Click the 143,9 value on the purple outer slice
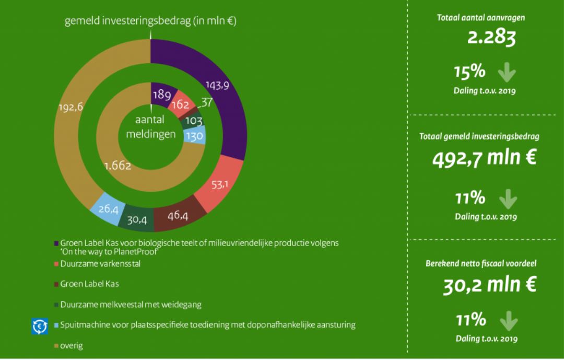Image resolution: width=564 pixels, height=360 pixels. (218, 86)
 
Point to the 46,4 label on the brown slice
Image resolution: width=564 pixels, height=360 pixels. (178, 215)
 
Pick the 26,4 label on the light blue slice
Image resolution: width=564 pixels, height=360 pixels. (108, 208)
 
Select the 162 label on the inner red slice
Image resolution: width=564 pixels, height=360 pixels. (180, 104)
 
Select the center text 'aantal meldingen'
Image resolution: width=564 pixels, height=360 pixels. (151, 127)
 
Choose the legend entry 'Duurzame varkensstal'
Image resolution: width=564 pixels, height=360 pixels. (100, 264)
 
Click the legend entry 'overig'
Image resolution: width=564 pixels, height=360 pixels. (71, 345)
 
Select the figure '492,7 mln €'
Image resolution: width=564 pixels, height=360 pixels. (484, 157)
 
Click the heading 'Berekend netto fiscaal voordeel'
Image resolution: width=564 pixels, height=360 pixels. (481, 263)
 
